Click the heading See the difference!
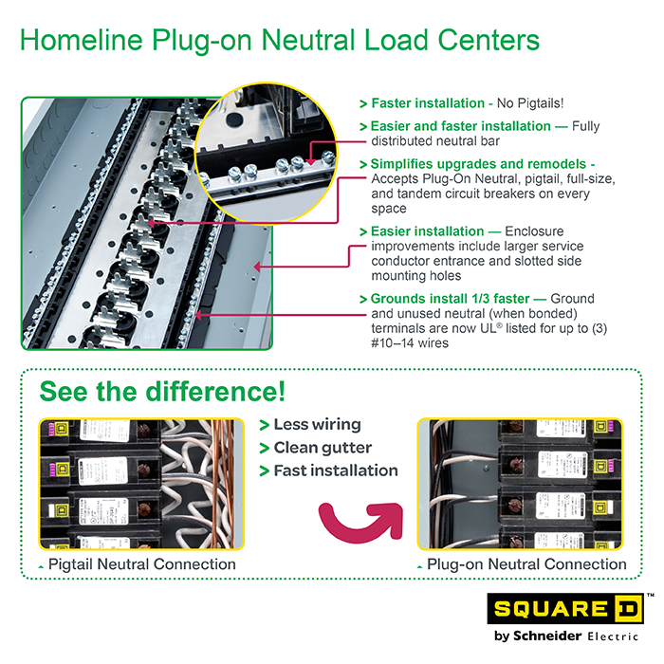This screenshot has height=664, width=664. click(x=162, y=392)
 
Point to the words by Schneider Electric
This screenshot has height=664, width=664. click(x=567, y=636)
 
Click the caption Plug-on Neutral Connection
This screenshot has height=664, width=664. click(x=526, y=564)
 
